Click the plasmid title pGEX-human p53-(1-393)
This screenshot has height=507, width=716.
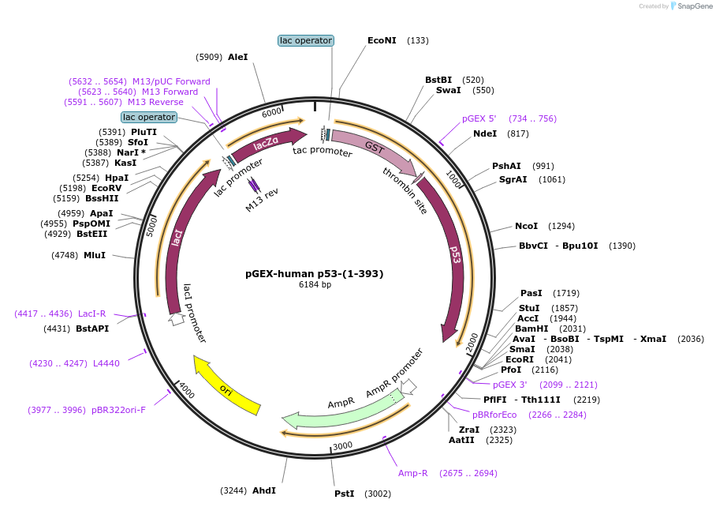click(x=314, y=274)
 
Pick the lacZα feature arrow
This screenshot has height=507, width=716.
click(x=266, y=142)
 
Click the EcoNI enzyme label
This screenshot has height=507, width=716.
click(x=382, y=40)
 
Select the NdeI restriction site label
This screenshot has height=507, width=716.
click(x=484, y=133)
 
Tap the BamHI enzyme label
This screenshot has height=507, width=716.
click(x=531, y=329)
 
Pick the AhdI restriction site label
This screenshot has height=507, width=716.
click(x=263, y=490)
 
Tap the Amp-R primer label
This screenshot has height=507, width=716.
click(x=412, y=473)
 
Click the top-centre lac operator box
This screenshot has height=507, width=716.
click(x=306, y=40)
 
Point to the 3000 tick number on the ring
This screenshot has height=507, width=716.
click(x=342, y=445)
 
